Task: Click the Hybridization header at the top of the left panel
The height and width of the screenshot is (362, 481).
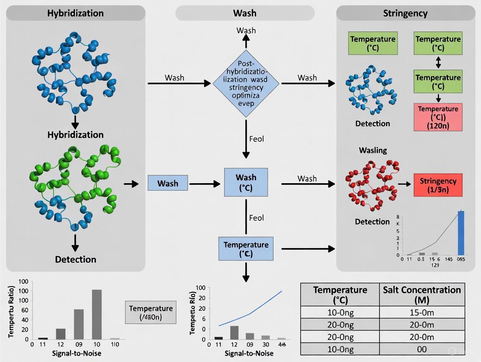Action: [75, 13]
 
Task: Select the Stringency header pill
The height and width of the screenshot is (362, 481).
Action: [405, 13]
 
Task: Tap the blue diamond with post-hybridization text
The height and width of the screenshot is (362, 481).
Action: [246, 83]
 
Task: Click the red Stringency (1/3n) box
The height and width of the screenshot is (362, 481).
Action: [438, 185]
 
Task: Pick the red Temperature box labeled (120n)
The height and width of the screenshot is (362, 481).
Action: [438, 117]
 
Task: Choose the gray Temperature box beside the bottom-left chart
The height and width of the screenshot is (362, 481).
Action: [151, 312]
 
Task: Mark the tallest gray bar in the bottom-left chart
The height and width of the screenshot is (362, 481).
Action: [97, 314]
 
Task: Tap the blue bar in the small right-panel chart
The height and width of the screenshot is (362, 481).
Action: [461, 233]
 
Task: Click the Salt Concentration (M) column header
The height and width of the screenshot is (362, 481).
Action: [422, 295]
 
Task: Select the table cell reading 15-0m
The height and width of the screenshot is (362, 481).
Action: [422, 312]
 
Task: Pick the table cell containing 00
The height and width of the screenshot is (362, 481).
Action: [422, 349]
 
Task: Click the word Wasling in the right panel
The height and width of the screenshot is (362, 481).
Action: [373, 150]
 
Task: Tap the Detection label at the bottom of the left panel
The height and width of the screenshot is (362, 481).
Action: [75, 259]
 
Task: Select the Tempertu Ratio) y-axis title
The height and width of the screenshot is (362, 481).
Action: [12, 312]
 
